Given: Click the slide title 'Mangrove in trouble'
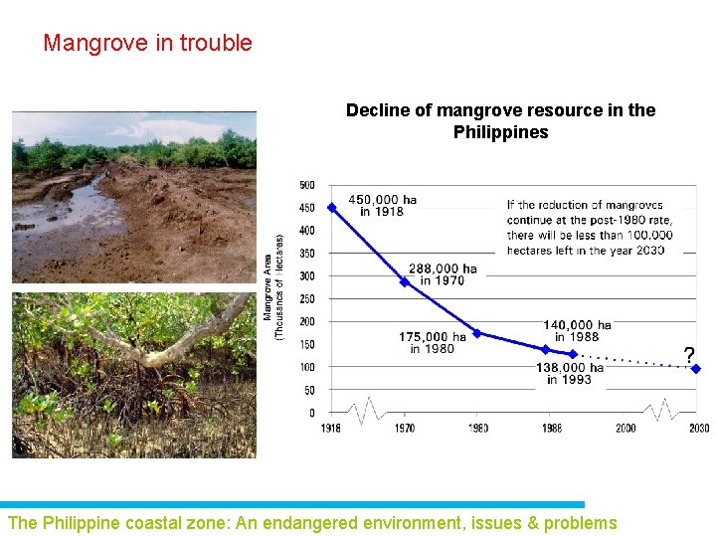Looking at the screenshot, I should (147, 44).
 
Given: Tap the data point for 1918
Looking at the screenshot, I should (331, 207).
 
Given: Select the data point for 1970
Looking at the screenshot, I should (404, 281).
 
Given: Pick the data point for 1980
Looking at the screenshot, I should (477, 333).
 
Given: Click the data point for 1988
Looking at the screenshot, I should (545, 349).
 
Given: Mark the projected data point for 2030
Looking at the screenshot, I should (696, 369).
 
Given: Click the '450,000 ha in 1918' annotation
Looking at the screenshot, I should (383, 206).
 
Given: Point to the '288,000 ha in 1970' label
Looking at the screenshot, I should (443, 274).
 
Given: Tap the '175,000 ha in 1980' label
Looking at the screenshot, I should (432, 343).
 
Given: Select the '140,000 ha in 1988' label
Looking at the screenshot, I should (577, 331).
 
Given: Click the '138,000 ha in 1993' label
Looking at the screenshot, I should (570, 373).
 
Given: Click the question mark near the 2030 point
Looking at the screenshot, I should (688, 355).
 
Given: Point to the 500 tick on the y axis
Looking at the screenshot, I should (307, 185).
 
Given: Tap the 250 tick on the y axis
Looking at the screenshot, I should (307, 299).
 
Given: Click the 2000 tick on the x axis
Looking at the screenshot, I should (625, 429).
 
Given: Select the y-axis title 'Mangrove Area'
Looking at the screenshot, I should (268, 288).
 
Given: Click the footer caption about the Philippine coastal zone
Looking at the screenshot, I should (312, 523).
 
